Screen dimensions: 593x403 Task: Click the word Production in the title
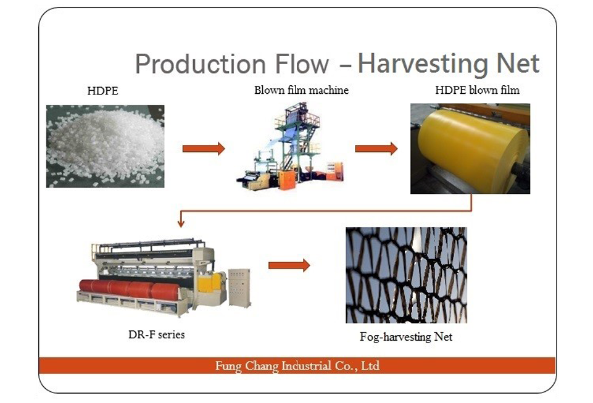(x=201, y=64)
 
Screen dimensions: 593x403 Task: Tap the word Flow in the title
(x=301, y=64)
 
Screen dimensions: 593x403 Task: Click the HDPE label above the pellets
(x=102, y=91)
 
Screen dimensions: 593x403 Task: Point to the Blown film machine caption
(x=301, y=90)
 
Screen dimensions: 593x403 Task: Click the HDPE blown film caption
(x=477, y=90)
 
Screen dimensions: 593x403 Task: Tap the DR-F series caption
(x=157, y=334)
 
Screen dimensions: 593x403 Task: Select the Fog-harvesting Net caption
(x=406, y=337)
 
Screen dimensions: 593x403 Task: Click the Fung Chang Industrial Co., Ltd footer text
(x=297, y=366)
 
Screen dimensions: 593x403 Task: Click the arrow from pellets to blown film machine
(x=204, y=148)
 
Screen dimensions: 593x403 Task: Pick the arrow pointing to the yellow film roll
(x=376, y=148)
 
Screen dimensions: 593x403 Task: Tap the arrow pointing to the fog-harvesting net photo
(x=289, y=265)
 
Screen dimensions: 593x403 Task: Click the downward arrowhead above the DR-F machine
(x=181, y=223)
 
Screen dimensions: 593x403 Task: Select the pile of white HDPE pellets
(x=104, y=146)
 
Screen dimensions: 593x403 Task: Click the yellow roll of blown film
(x=473, y=146)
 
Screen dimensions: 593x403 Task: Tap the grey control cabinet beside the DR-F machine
(x=239, y=288)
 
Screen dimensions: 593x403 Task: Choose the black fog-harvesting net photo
(x=406, y=275)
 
